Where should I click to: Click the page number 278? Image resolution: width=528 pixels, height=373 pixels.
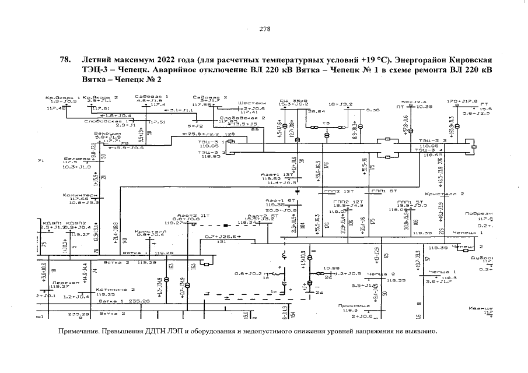pos(264,31)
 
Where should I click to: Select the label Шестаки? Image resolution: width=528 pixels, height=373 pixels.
pos(249,103)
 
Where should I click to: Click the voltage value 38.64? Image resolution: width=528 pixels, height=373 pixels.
pos(317,111)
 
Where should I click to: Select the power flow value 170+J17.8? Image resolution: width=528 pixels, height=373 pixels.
pos(462,101)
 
